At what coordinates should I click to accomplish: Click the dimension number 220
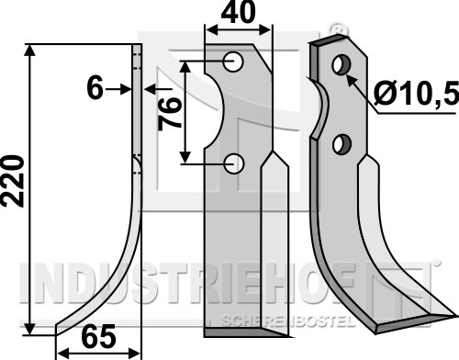pos(12,181)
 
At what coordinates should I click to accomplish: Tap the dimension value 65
pos(99,337)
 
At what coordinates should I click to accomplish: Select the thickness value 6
pos(95,88)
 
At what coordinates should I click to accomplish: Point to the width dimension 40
pos(239,12)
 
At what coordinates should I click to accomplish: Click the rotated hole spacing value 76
pos(169,113)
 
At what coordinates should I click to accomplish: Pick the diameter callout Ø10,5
pos(416,93)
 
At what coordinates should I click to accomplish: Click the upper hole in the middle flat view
pos(233,62)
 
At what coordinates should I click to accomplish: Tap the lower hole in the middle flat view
pos(233,163)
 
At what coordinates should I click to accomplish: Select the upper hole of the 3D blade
pos(341,64)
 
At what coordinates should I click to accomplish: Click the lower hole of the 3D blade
pos(341,144)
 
